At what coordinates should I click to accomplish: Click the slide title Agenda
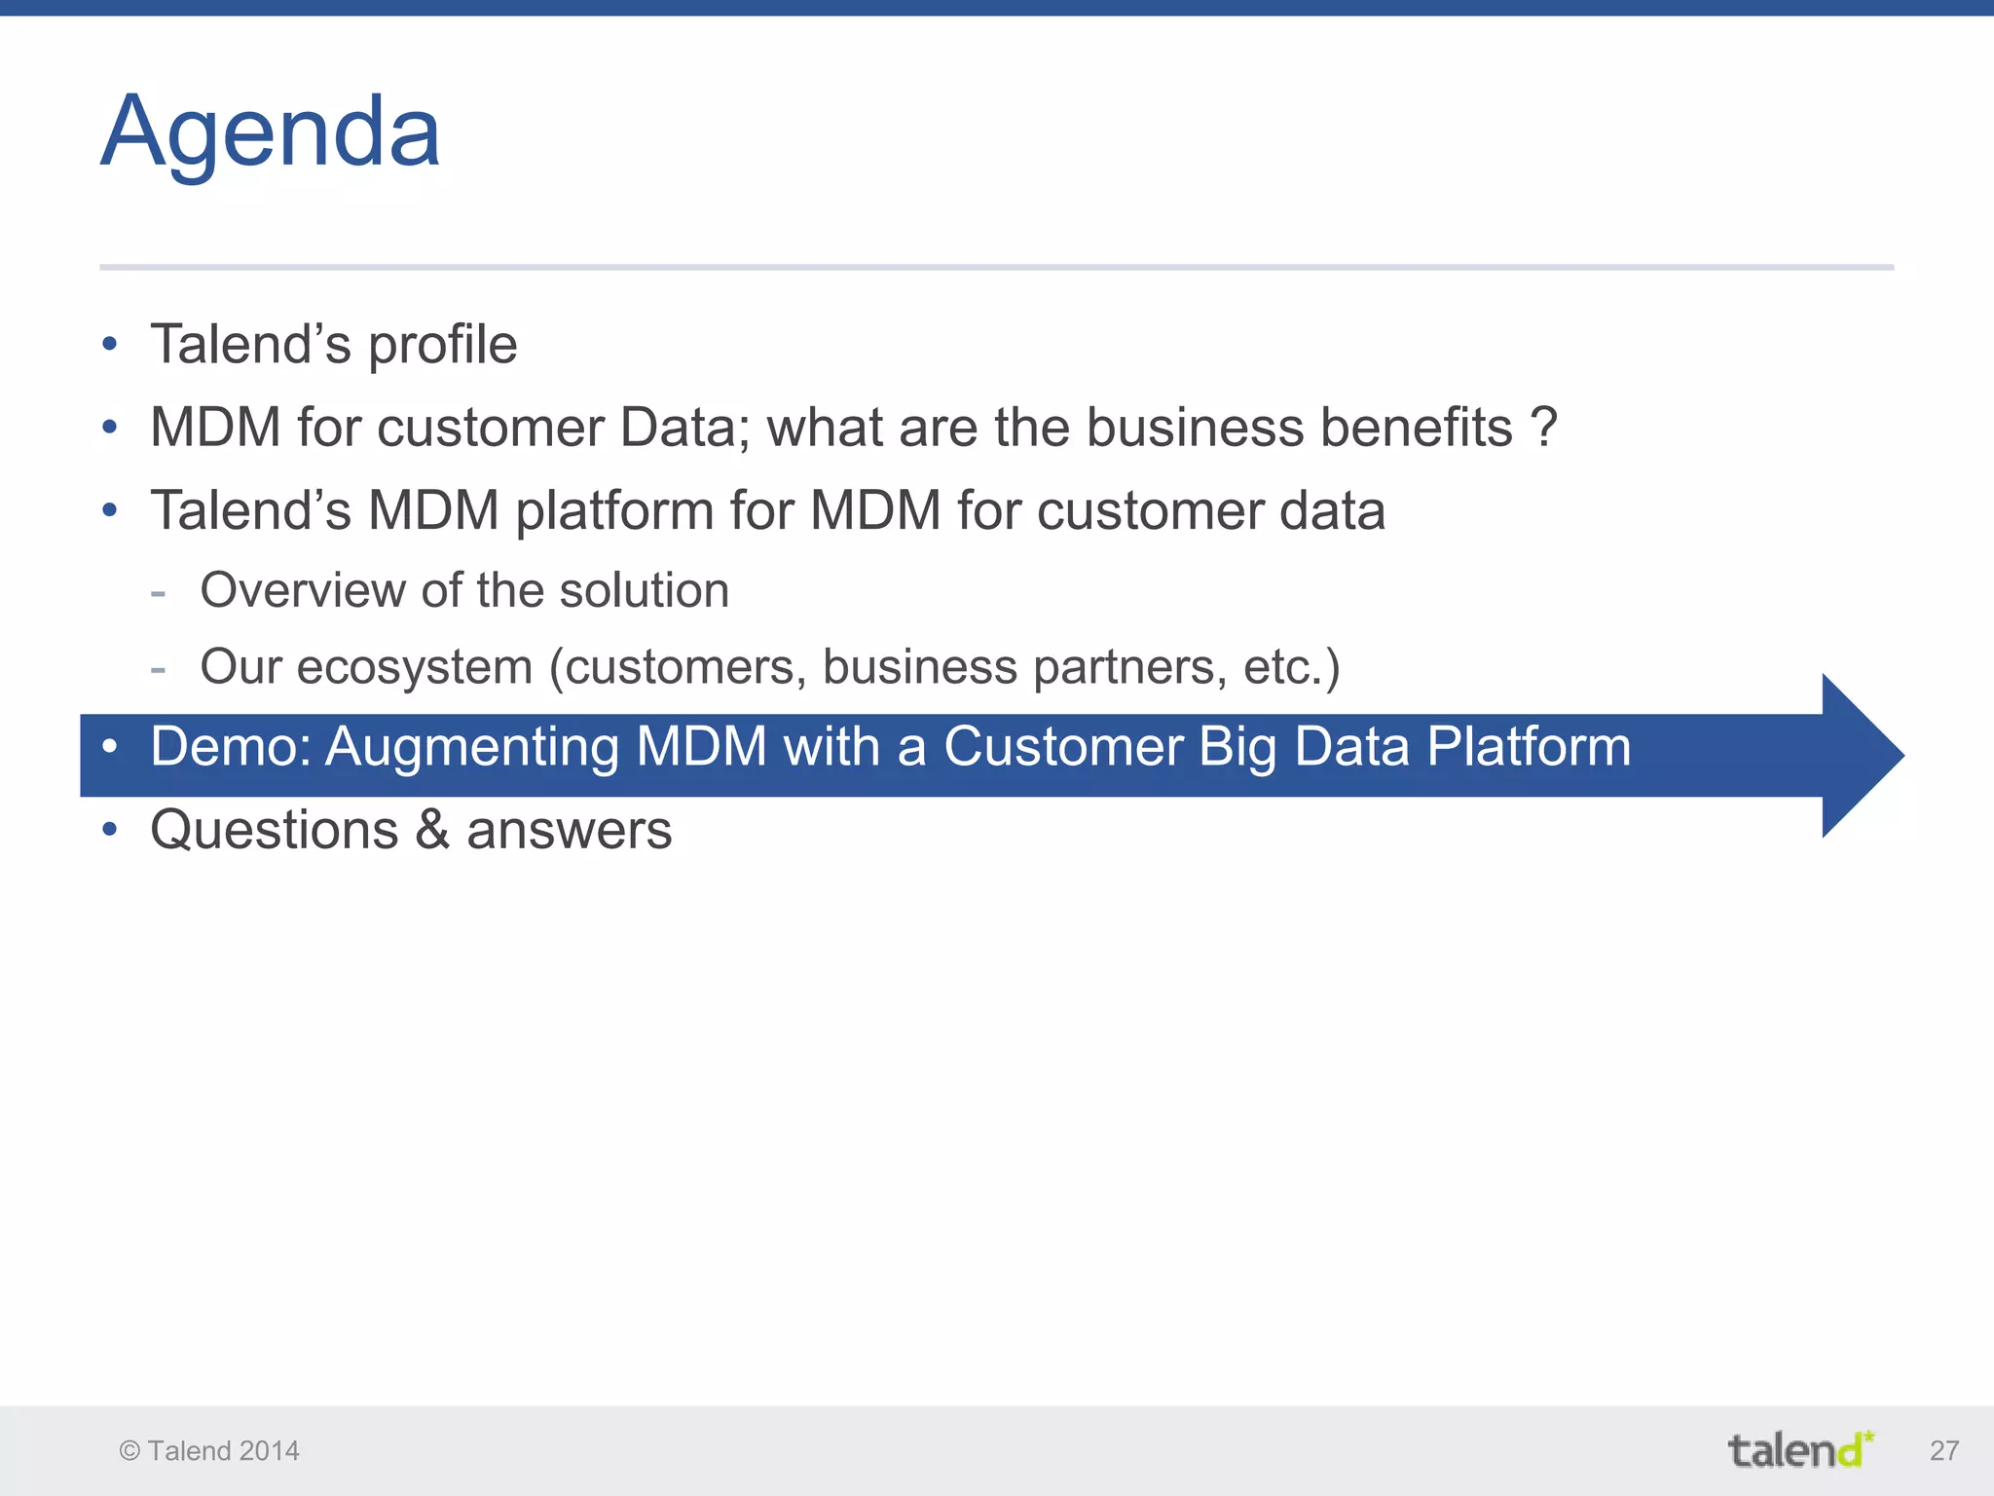click(271, 132)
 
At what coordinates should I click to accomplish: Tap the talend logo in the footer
click(1800, 1449)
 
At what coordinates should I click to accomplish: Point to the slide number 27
click(1943, 1450)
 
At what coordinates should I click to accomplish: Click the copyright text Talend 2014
click(209, 1450)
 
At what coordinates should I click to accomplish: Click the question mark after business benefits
click(1543, 428)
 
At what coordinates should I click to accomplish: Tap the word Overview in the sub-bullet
click(303, 590)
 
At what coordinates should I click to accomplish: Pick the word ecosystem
click(415, 667)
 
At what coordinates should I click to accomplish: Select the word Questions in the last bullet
click(275, 830)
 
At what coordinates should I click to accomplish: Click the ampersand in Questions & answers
click(432, 830)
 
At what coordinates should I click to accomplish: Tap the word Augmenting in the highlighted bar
click(472, 747)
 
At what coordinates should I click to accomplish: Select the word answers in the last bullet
click(569, 830)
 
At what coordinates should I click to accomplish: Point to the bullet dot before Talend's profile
click(110, 344)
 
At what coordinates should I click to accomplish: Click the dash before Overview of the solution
click(159, 592)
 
